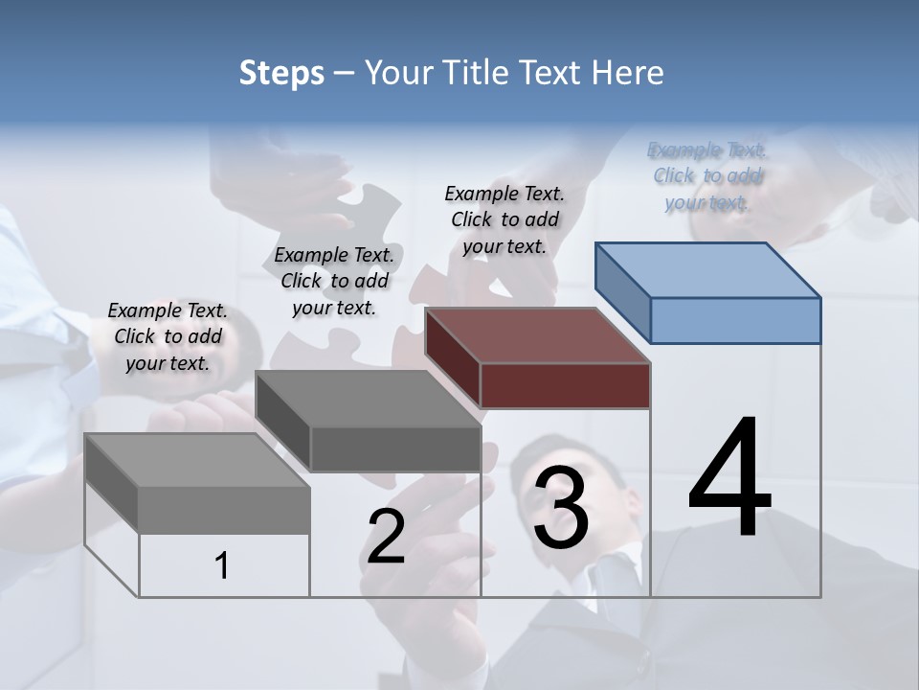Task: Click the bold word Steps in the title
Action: (x=281, y=73)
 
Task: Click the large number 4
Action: (x=729, y=479)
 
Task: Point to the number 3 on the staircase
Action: (x=561, y=507)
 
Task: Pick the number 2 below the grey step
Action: (x=386, y=537)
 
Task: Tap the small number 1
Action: (x=222, y=566)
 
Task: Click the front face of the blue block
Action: (x=735, y=320)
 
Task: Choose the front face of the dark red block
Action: (x=565, y=386)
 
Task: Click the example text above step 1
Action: (x=168, y=337)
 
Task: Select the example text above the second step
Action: (x=334, y=281)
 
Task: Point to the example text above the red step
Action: (x=504, y=219)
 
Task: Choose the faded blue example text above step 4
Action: (x=707, y=176)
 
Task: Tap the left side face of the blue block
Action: (x=622, y=292)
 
